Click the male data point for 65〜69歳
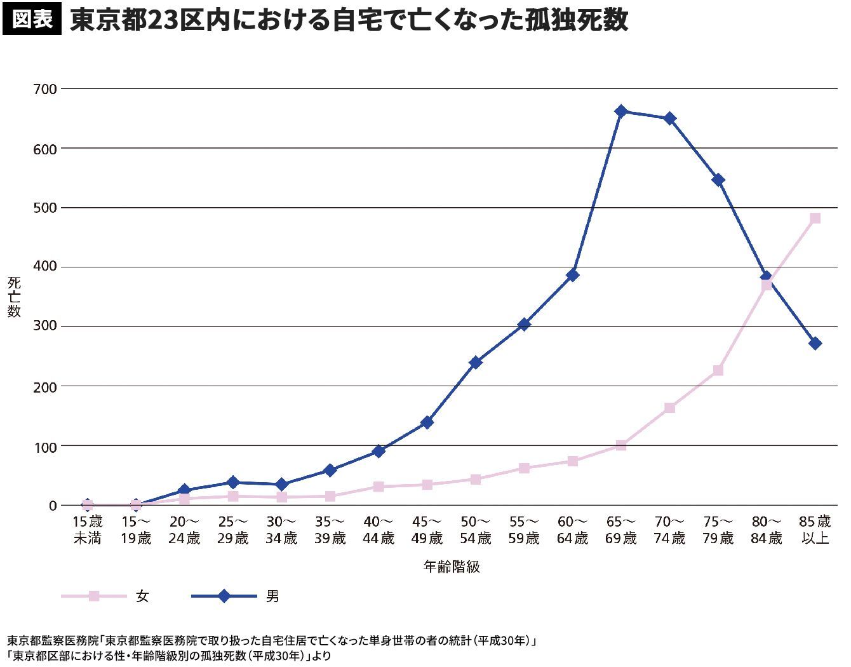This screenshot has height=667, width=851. click(621, 111)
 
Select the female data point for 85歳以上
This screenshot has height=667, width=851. click(815, 218)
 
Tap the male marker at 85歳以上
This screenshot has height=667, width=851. click(815, 344)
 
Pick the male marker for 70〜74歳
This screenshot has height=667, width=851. click(669, 119)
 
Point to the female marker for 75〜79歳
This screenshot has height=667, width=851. click(718, 370)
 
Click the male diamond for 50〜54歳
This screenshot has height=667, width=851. click(476, 362)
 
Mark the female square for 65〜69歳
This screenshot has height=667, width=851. click(621, 445)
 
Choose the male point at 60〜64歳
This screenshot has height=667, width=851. click(573, 275)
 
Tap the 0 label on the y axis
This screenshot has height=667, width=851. click(53, 506)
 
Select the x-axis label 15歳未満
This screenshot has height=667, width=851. click(88, 530)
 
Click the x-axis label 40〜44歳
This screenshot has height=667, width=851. click(379, 530)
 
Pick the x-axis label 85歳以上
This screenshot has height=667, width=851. click(815, 530)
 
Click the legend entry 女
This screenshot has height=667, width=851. click(142, 596)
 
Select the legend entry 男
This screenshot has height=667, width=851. click(272, 596)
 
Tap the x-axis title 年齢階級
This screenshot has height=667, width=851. click(452, 567)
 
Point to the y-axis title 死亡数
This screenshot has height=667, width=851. click(14, 297)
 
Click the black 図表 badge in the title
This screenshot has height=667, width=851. click(32, 20)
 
